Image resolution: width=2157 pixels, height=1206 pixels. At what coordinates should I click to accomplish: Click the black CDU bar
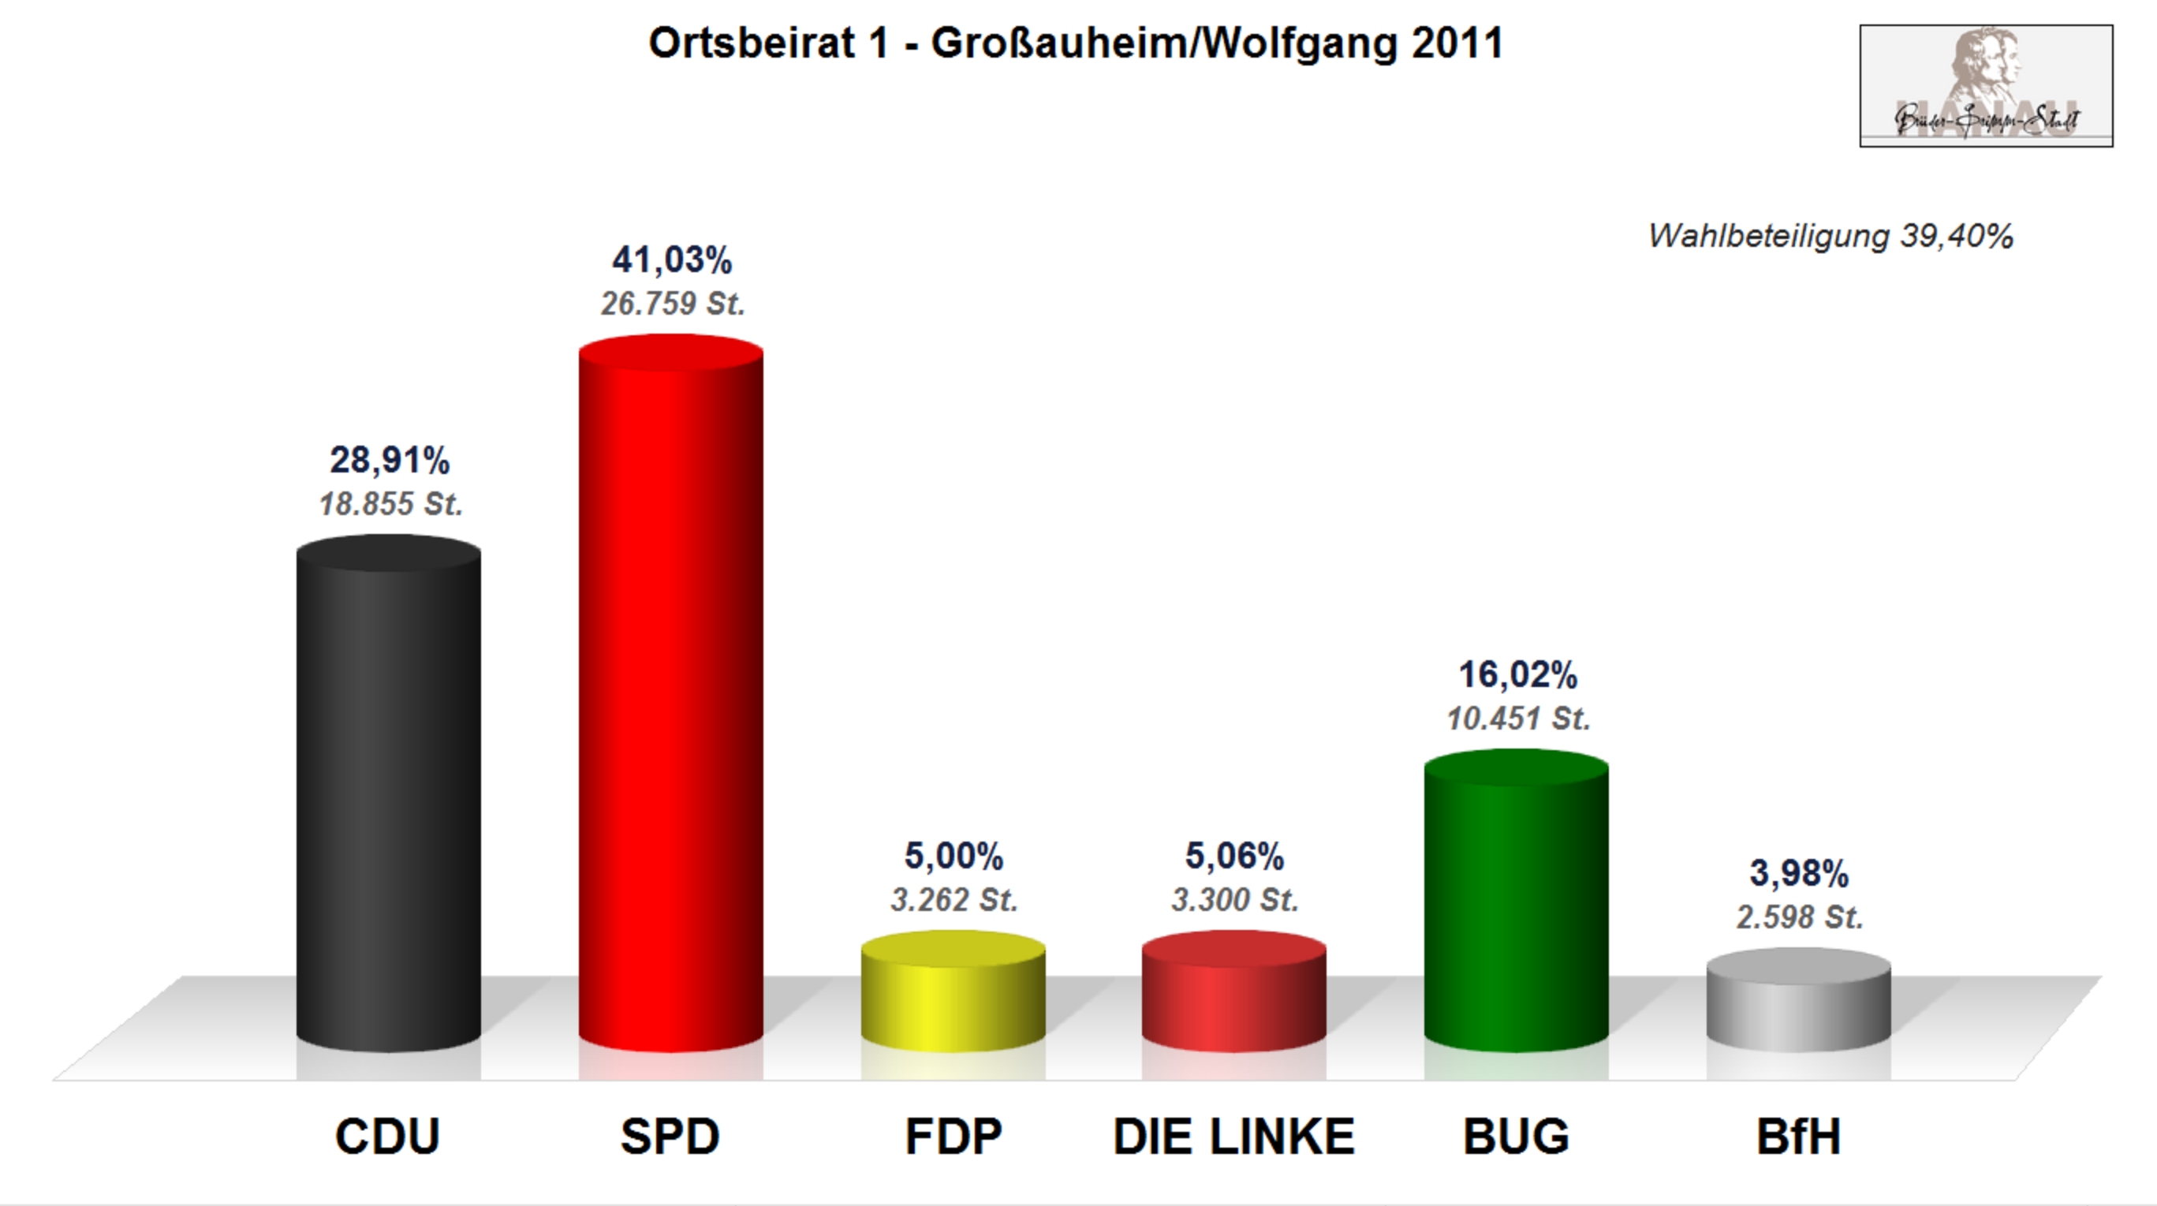(389, 796)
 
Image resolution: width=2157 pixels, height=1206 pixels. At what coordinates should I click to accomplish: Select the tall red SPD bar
(670, 695)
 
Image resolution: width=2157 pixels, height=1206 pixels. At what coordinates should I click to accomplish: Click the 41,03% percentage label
(672, 260)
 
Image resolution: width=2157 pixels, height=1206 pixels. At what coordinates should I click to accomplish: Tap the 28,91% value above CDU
(390, 461)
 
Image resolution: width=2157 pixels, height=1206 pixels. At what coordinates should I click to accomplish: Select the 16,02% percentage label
(1517, 675)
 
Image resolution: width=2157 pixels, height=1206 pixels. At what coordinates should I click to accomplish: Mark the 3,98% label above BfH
(1799, 873)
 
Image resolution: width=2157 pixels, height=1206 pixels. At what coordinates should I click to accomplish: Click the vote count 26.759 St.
(673, 304)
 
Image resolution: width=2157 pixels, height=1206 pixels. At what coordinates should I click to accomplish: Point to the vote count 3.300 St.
(1234, 900)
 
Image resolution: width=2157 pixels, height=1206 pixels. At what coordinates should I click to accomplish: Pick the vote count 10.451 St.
(1517, 719)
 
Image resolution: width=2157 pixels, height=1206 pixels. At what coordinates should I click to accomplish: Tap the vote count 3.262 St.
(953, 900)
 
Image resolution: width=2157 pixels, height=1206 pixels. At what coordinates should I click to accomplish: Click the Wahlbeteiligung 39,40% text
(1830, 236)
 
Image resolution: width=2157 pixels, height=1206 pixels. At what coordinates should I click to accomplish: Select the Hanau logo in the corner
(1986, 85)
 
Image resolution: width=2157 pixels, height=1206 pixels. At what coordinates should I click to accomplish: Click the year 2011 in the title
(1457, 43)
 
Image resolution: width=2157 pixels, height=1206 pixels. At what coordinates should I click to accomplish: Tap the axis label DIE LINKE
(1233, 1137)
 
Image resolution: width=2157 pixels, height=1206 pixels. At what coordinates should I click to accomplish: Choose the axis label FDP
(953, 1137)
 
